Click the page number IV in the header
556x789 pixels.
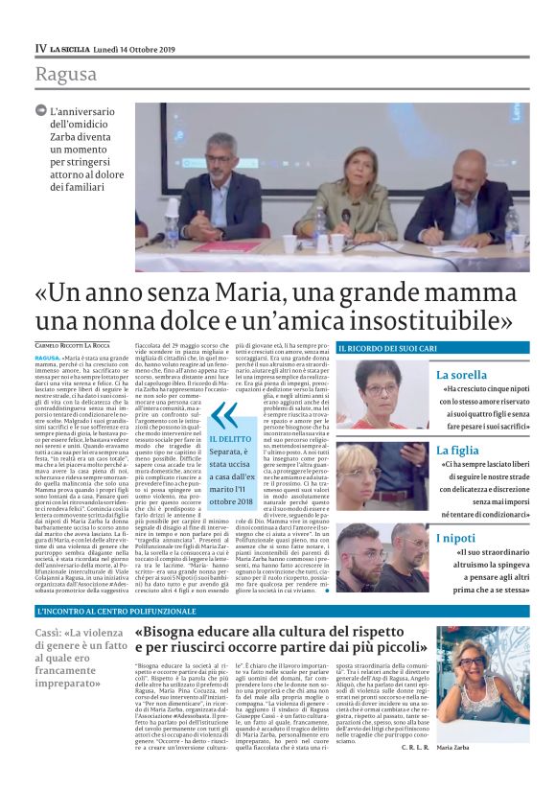40,47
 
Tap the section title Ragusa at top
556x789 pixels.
67,75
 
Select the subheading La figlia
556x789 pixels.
456,450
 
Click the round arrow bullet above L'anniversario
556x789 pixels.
41,110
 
